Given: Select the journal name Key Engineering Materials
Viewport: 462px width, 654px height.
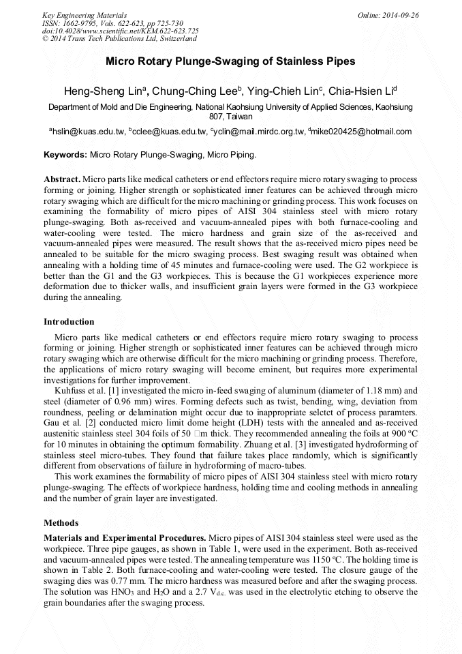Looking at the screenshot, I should [x=84, y=15].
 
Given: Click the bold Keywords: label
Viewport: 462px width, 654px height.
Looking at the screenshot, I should [x=65, y=155].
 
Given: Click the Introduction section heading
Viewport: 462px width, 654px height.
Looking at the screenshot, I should [x=69, y=322].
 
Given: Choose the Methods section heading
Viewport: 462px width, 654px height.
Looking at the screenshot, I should [x=61, y=523].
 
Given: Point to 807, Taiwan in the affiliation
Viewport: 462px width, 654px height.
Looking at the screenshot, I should [x=230, y=117].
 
